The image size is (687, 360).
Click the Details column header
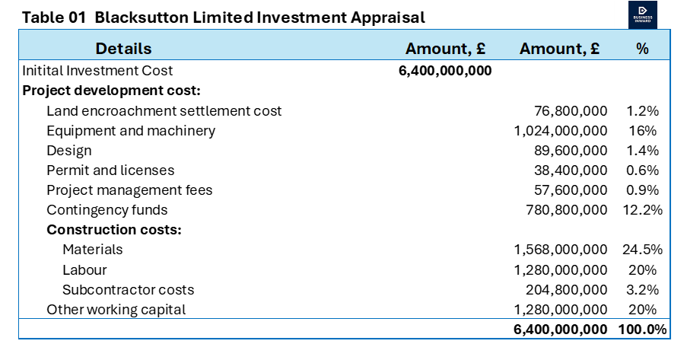coord(123,49)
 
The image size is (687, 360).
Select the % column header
coord(643,49)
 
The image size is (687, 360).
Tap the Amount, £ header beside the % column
coord(559,49)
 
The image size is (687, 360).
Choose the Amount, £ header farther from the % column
coord(445,49)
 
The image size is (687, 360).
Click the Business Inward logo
coord(643,14)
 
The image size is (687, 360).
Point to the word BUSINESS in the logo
coord(643,17)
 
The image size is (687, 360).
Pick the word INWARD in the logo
coord(643,21)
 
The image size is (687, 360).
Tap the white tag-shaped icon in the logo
coord(643,9)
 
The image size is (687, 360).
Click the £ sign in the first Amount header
coord(480,49)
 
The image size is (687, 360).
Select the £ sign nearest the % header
coord(594,49)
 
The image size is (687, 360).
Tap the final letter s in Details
coord(148,49)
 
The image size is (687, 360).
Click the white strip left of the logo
coord(622,14)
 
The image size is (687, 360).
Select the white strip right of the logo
coord(664,14)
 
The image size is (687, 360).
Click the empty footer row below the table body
coord(344,329)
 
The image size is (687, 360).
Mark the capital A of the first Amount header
coord(412,49)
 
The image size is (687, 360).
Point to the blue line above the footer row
coord(344,318)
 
